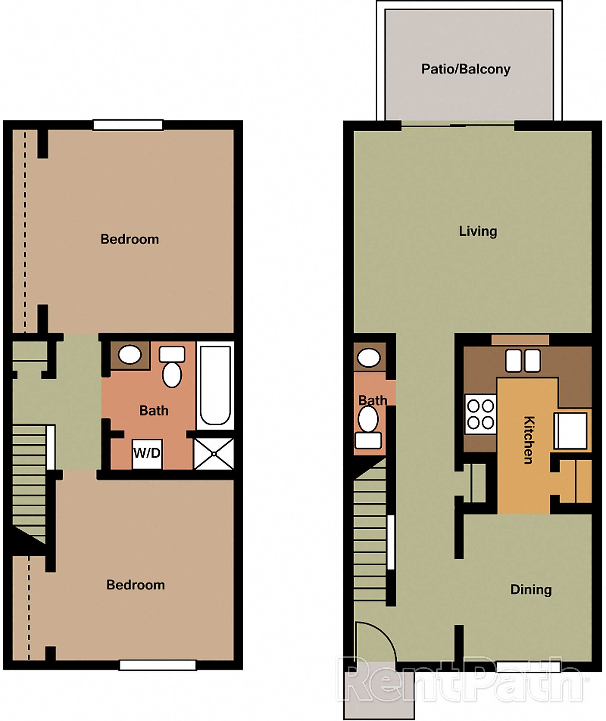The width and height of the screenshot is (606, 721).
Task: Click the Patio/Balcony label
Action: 466,69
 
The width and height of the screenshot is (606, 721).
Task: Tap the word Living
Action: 478,231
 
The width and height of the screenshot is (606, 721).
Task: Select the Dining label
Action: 531,589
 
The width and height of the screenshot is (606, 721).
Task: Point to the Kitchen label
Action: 529,440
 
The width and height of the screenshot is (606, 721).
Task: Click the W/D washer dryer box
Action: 147,453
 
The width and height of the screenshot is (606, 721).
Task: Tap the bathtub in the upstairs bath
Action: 215,385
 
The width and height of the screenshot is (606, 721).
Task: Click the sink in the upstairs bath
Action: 130,355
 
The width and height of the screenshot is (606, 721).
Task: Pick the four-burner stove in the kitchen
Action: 481,414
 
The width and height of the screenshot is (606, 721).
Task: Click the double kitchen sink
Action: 523,361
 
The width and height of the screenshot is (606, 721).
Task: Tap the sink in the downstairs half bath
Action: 369,358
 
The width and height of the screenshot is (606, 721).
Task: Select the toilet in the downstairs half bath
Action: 368,426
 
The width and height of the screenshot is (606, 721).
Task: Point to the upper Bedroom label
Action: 130,239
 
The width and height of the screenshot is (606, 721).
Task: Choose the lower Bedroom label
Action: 135,585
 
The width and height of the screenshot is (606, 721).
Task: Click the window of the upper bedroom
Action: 128,125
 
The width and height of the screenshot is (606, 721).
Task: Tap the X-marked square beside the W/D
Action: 214,454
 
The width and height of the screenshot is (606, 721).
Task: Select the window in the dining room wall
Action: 528,666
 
